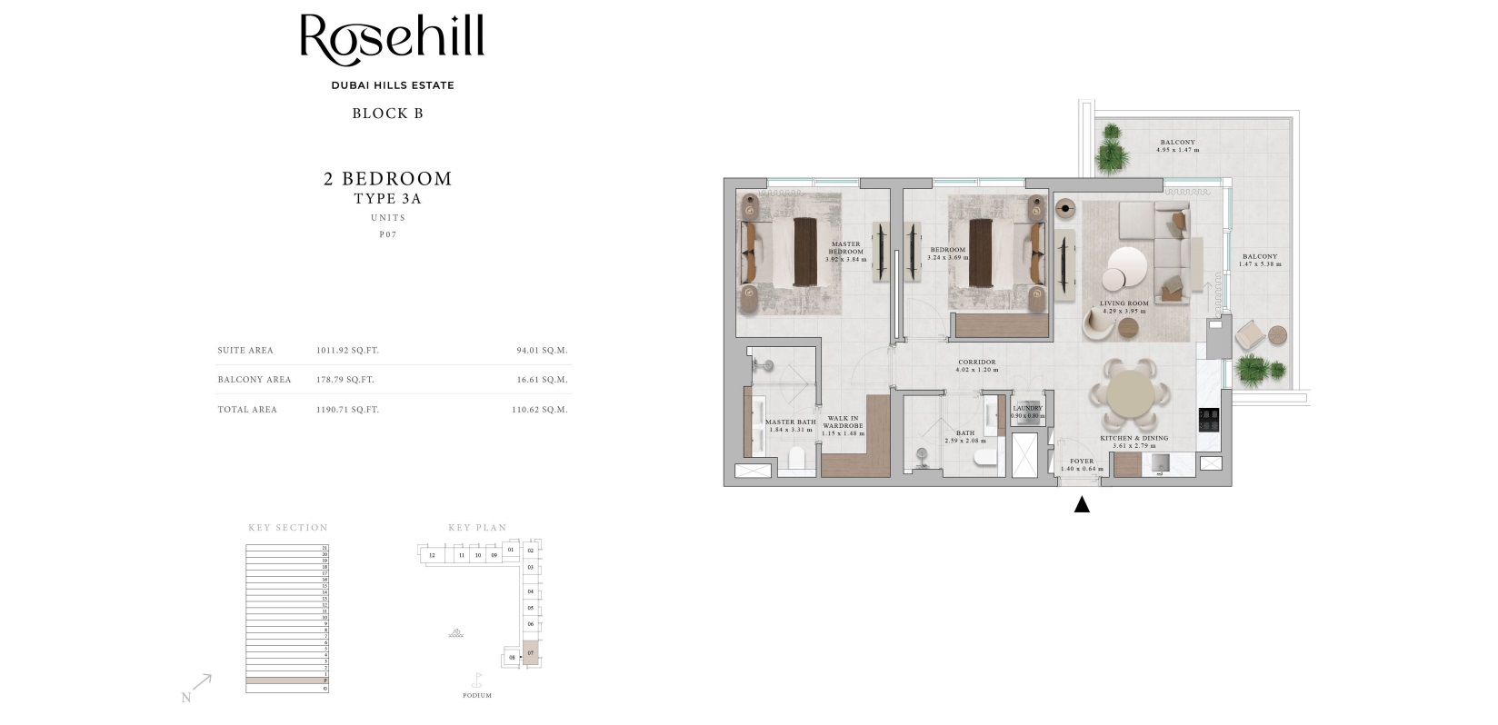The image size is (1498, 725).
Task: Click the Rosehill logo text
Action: coord(392,41)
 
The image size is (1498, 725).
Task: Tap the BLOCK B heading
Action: coord(387,114)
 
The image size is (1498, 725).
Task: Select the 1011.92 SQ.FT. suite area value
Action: coord(347,351)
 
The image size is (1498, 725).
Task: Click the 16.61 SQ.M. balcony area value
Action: coord(542,380)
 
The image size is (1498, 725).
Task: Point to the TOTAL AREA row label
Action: coord(247,410)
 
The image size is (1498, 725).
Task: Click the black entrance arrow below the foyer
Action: coord(1082,505)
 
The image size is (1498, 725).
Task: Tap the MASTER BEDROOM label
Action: coord(845,248)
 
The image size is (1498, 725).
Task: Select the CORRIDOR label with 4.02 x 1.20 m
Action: coord(976,365)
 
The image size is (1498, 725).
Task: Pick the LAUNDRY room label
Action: coord(1027,409)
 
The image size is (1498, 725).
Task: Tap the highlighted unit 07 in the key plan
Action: coord(531,653)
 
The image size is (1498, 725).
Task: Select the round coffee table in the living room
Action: coord(1126,266)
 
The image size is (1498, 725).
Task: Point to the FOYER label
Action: coord(1082,462)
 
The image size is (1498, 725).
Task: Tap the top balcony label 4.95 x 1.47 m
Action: coord(1177,145)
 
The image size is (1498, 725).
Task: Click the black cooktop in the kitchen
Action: coord(1208,420)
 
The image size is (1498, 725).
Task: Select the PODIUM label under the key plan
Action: coord(476,696)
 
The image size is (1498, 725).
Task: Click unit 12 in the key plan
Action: coord(432,555)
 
